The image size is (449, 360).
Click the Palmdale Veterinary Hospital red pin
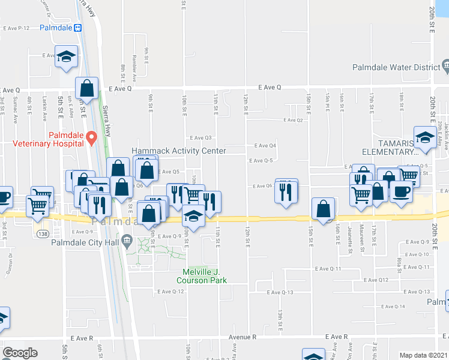point(92,138)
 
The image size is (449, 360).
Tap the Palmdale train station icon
point(77,28)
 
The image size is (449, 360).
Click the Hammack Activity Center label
point(179,151)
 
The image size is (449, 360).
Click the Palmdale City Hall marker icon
point(127,242)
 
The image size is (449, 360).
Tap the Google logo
point(20,353)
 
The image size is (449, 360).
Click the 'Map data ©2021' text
point(424,355)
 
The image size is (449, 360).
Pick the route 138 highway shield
point(42,232)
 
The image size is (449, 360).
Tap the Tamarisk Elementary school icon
point(425,137)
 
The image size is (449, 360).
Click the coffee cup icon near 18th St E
point(401,191)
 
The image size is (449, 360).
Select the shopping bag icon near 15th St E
point(324,208)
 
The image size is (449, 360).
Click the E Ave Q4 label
point(265,146)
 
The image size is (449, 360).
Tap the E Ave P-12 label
point(16,28)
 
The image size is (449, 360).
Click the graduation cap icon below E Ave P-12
point(66,56)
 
